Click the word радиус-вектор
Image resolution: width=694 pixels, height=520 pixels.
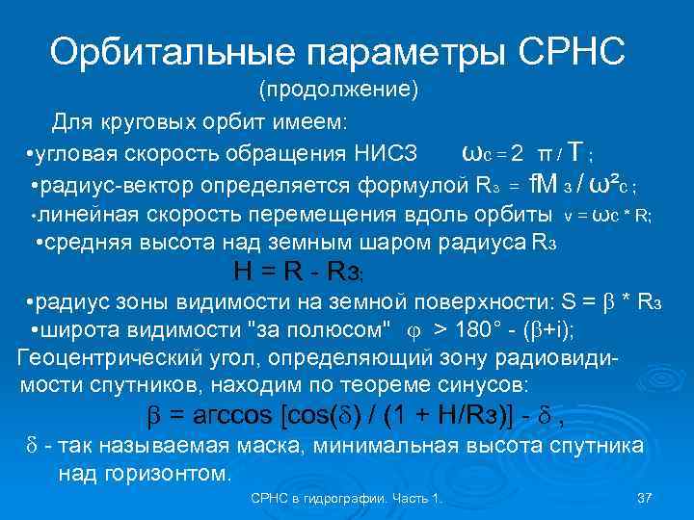click(103, 184)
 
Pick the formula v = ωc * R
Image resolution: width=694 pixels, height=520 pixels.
click(607, 216)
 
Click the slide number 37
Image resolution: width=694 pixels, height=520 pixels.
click(646, 498)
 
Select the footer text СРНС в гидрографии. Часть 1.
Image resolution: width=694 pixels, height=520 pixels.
click(346, 498)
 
